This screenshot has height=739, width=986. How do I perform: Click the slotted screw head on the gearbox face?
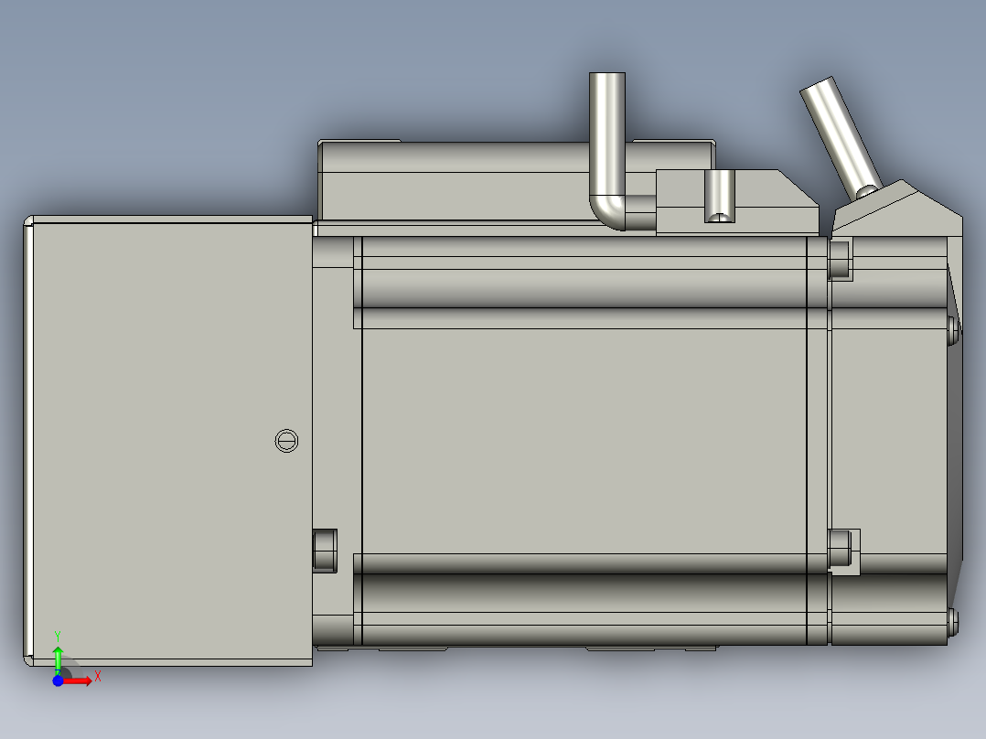(286, 441)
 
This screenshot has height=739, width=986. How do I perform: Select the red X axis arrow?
(78, 680)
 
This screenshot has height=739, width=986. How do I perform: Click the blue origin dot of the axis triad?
(58, 680)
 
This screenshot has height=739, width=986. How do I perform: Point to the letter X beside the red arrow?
(97, 676)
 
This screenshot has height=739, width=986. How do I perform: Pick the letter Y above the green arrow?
(58, 635)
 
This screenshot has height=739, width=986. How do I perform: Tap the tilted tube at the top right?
(841, 134)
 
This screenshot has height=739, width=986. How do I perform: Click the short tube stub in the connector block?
(720, 195)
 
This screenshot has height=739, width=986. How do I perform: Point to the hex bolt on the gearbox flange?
(325, 550)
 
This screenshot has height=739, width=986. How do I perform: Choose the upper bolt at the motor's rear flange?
(840, 259)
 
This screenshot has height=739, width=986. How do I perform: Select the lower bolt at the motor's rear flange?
(840, 548)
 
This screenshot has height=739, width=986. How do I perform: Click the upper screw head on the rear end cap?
(953, 330)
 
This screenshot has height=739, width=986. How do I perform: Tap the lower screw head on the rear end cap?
(953, 622)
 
